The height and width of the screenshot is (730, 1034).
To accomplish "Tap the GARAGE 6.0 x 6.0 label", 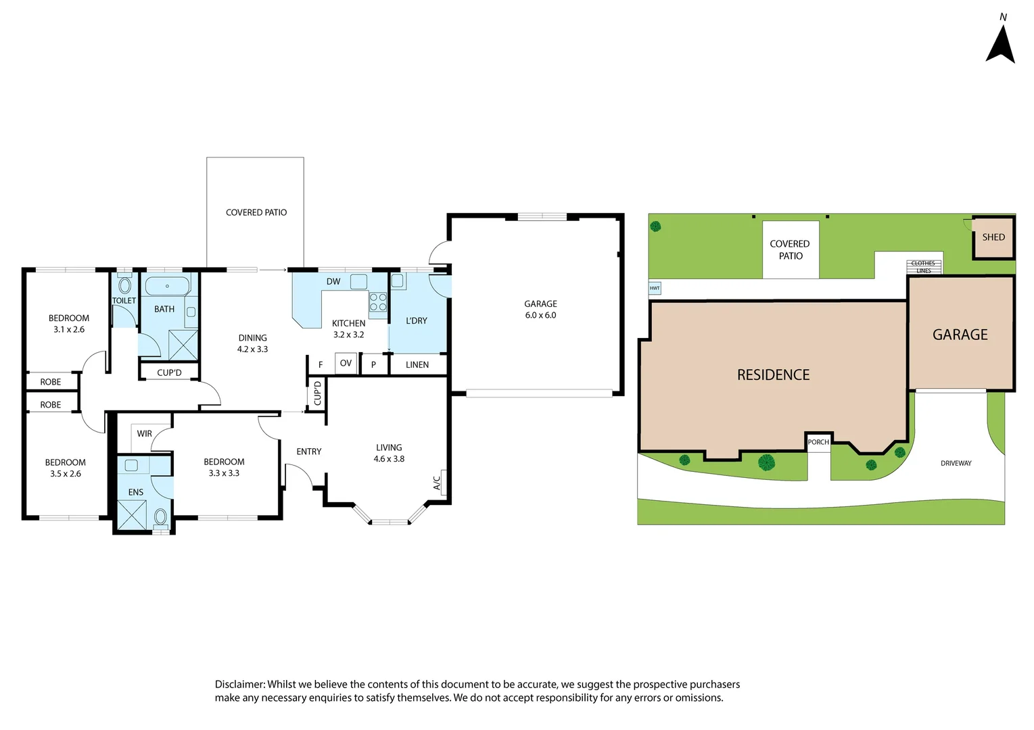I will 540,310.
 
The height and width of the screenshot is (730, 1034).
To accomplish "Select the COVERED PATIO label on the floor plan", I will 256,212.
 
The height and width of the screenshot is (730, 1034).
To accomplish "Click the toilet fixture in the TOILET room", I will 124,285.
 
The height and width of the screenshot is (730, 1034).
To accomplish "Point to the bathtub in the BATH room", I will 167,286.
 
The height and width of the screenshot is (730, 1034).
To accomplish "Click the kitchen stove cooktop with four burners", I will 378,302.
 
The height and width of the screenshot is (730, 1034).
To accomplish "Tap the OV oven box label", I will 346,364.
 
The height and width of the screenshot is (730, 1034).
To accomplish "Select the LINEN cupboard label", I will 417,365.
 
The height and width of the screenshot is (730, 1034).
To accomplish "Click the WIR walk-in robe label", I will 144,434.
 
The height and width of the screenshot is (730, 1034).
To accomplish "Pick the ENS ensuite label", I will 135,493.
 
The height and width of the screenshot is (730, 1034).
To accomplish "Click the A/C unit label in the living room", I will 438,483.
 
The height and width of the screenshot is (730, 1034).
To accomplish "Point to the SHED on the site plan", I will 993,237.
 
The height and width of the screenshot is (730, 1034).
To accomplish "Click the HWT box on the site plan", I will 655,289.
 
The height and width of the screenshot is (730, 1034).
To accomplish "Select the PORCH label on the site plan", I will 818,442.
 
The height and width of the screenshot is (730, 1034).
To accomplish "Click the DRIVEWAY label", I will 956,464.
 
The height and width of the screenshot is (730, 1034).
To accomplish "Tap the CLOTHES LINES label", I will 923,267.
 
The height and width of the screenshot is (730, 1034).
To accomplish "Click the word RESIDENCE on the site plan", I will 773,375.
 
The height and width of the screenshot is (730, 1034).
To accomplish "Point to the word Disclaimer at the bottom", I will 239,685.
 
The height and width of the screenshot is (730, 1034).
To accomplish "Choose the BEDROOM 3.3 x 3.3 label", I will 224,468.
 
